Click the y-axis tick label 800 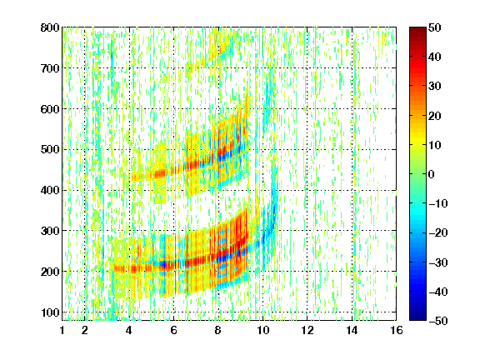(x=50, y=27)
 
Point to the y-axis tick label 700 (x=50, y=68)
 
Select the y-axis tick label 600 (x=50, y=109)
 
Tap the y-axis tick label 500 (x=50, y=150)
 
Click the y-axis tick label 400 (x=50, y=190)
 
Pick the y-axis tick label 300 (x=50, y=231)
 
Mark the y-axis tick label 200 (x=50, y=272)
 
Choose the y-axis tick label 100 (x=50, y=312)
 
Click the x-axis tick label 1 (x=62, y=330)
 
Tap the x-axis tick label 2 (x=85, y=330)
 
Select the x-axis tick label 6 (x=174, y=330)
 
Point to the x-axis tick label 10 (x=262, y=330)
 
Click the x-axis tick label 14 (x=352, y=330)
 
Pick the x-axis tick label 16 (x=397, y=330)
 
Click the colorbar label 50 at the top (x=435, y=27)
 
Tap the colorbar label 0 (x=432, y=174)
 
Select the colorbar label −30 (x=438, y=262)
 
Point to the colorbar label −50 (x=438, y=321)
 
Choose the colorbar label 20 (x=435, y=116)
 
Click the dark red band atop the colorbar (x=417, y=32)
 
